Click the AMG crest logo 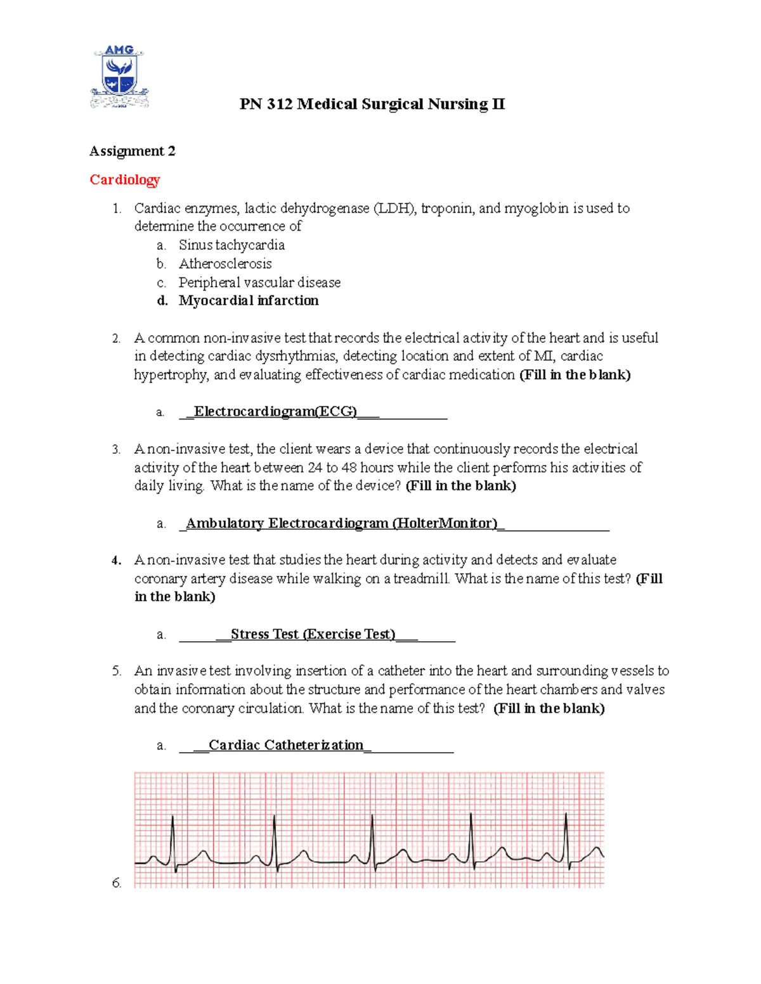pyautogui.click(x=119, y=77)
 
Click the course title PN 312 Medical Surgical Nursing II pyautogui.click(x=372, y=104)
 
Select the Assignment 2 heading pyautogui.click(x=132, y=151)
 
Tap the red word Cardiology pyautogui.click(x=124, y=179)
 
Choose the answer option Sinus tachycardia pyautogui.click(x=231, y=245)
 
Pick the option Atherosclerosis pyautogui.click(x=225, y=264)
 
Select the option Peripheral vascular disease pyautogui.click(x=259, y=282)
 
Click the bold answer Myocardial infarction pyautogui.click(x=249, y=300)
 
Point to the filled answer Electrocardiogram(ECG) pyautogui.click(x=275, y=412)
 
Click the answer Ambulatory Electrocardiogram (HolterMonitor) pyautogui.click(x=341, y=523)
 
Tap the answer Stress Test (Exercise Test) pyautogui.click(x=313, y=634)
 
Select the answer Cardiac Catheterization pyautogui.click(x=286, y=745)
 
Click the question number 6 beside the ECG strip pyautogui.click(x=117, y=883)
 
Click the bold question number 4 pyautogui.click(x=116, y=560)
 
